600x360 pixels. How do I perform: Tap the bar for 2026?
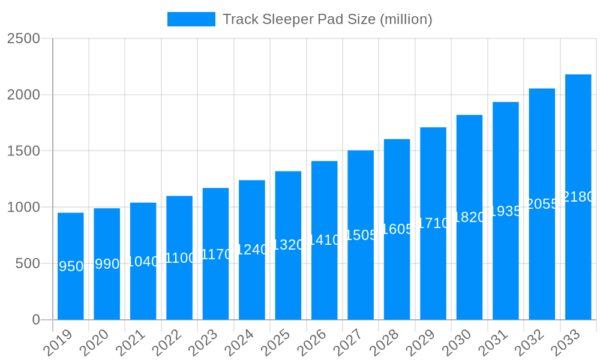[325, 282]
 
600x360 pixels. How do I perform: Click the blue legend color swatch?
[191, 19]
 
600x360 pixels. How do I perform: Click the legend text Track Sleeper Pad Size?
[327, 19]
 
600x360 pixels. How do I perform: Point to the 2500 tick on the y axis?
[23, 38]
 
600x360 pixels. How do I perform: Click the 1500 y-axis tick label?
[23, 151]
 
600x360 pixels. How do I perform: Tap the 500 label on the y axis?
[28, 263]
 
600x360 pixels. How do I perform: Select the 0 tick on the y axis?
[36, 320]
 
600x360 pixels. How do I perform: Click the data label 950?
[71, 266]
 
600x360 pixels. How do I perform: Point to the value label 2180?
[578, 197]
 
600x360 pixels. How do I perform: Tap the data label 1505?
[361, 235]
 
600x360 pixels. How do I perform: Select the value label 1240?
[252, 250]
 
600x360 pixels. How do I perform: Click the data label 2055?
[542, 204]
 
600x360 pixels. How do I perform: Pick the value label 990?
[107, 264]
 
